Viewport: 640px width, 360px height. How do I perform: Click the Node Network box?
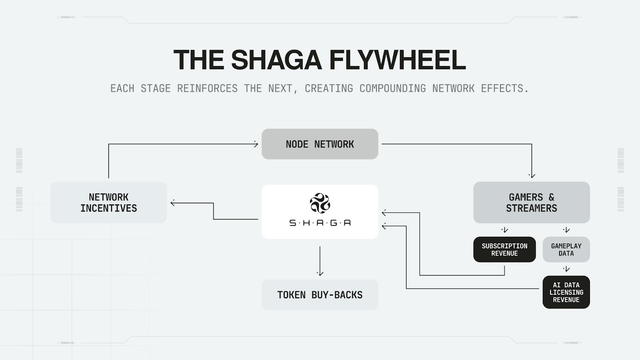click(x=320, y=144)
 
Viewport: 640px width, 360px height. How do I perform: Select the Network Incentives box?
click(x=108, y=202)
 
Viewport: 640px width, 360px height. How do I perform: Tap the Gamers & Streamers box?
click(x=531, y=202)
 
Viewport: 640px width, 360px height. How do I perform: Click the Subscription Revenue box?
click(x=504, y=250)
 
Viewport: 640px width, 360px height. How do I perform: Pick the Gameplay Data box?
click(x=566, y=250)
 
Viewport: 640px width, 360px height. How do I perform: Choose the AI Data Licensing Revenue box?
click(x=566, y=292)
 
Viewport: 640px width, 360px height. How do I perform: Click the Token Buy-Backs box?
click(x=320, y=295)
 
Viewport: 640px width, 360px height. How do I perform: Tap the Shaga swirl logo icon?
click(x=320, y=203)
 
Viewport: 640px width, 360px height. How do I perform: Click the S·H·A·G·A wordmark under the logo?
click(x=320, y=223)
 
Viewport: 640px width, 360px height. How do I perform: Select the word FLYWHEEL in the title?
click(x=397, y=60)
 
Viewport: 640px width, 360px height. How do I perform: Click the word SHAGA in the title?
click(x=276, y=60)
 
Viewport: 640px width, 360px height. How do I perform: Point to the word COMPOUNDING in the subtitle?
click(x=392, y=88)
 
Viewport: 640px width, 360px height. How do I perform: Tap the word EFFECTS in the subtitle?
click(x=504, y=88)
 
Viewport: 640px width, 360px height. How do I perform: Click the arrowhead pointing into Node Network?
click(x=256, y=144)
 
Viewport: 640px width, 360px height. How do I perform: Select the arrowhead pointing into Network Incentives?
click(x=173, y=203)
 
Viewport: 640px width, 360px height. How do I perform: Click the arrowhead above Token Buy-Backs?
click(x=320, y=274)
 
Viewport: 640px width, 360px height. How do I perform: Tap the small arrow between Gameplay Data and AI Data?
click(x=566, y=269)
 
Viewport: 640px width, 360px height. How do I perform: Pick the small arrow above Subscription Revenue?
click(x=504, y=230)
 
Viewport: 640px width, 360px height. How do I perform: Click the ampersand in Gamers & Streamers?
click(x=551, y=197)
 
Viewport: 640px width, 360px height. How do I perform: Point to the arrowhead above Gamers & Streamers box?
click(x=532, y=175)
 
